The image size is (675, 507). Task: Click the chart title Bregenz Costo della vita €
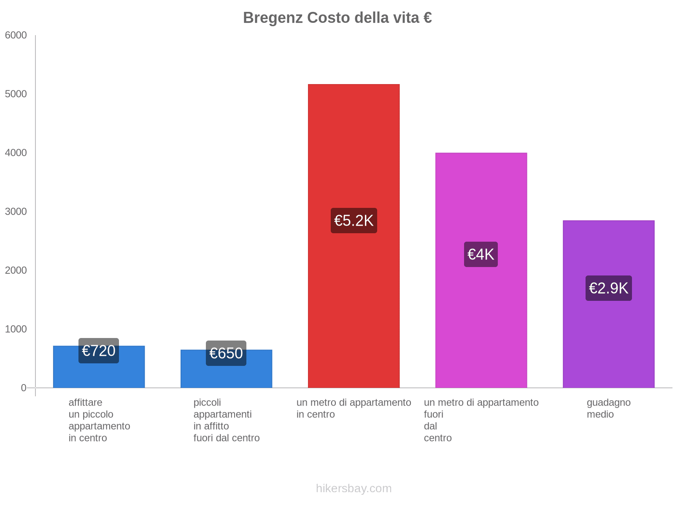[337, 18]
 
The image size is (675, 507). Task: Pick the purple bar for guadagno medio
[608, 338]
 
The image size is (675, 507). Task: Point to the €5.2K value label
[354, 221]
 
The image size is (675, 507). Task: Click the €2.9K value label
[608, 288]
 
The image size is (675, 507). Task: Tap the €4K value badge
[481, 254]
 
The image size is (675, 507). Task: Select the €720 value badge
[99, 351]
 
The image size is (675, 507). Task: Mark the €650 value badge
[226, 353]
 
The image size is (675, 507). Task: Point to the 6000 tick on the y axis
[16, 35]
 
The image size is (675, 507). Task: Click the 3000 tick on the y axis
[16, 212]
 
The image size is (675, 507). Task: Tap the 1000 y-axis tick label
[16, 329]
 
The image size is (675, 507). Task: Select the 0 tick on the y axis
[24, 388]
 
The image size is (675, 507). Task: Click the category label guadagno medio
[608, 409]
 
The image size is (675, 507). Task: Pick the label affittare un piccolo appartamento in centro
[99, 420]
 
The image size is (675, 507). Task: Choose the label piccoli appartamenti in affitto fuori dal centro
[226, 420]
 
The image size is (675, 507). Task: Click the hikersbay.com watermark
[354, 488]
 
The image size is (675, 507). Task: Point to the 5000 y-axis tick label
[16, 94]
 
